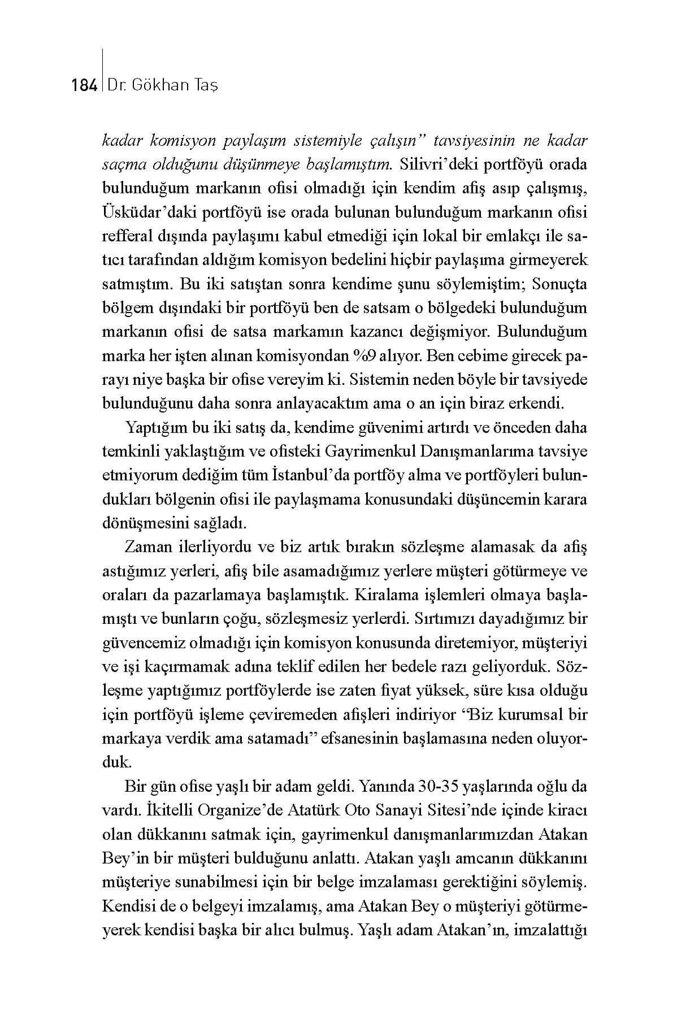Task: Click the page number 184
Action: [x=85, y=85]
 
